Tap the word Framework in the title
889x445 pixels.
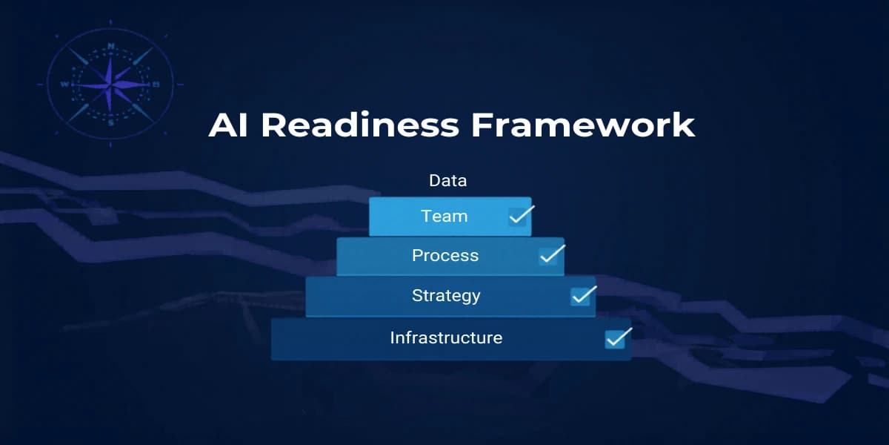(x=583, y=125)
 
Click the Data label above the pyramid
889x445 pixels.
(x=447, y=180)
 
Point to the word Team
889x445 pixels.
(x=444, y=217)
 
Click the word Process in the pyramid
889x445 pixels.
(x=445, y=256)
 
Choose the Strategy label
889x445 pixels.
(x=446, y=296)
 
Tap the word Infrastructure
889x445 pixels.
(x=446, y=338)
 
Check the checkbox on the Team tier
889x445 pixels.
(x=517, y=217)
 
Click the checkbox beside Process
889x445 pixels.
(x=549, y=256)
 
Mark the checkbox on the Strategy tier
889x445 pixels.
(x=580, y=296)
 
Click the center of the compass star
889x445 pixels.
(x=110, y=83)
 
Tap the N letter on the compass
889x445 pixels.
(x=111, y=46)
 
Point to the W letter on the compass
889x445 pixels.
(x=64, y=85)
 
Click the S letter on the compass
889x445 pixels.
(x=111, y=123)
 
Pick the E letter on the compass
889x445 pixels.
(x=156, y=85)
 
